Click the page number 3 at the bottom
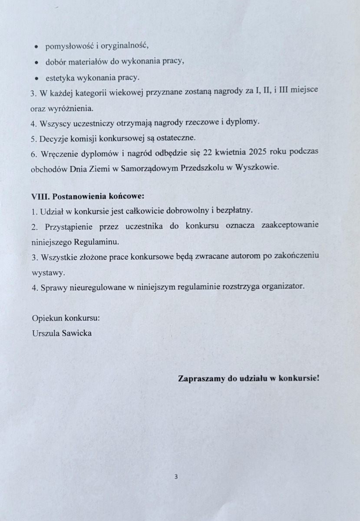(x=176, y=476)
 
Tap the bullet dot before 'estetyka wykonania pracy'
(x=37, y=79)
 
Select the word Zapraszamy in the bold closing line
(x=201, y=378)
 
